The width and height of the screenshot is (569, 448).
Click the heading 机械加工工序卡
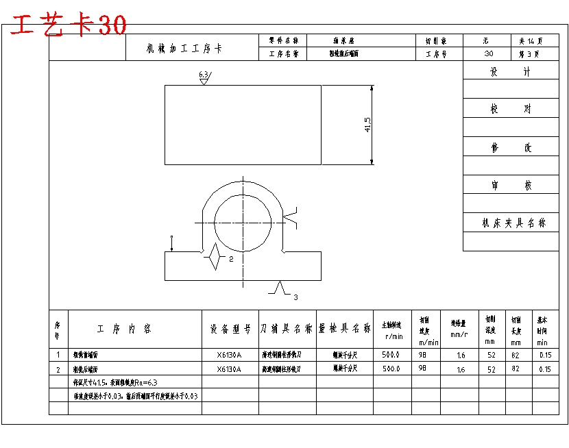click(184, 49)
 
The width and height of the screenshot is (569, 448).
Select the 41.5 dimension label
click(368, 124)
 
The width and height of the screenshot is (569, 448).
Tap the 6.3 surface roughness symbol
click(204, 77)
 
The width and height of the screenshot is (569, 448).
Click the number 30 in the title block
click(487, 53)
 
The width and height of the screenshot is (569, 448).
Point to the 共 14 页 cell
click(530, 41)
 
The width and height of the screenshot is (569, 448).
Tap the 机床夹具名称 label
click(515, 223)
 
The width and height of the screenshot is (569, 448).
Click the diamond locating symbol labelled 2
click(215, 257)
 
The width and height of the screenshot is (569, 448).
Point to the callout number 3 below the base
click(295, 297)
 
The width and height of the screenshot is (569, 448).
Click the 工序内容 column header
click(124, 329)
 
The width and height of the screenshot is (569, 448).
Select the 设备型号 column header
click(230, 329)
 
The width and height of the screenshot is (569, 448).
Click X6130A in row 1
click(230, 355)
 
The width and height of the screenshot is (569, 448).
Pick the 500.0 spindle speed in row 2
click(391, 369)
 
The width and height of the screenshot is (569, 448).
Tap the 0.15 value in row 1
click(545, 355)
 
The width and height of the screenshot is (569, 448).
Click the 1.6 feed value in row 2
click(460, 369)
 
